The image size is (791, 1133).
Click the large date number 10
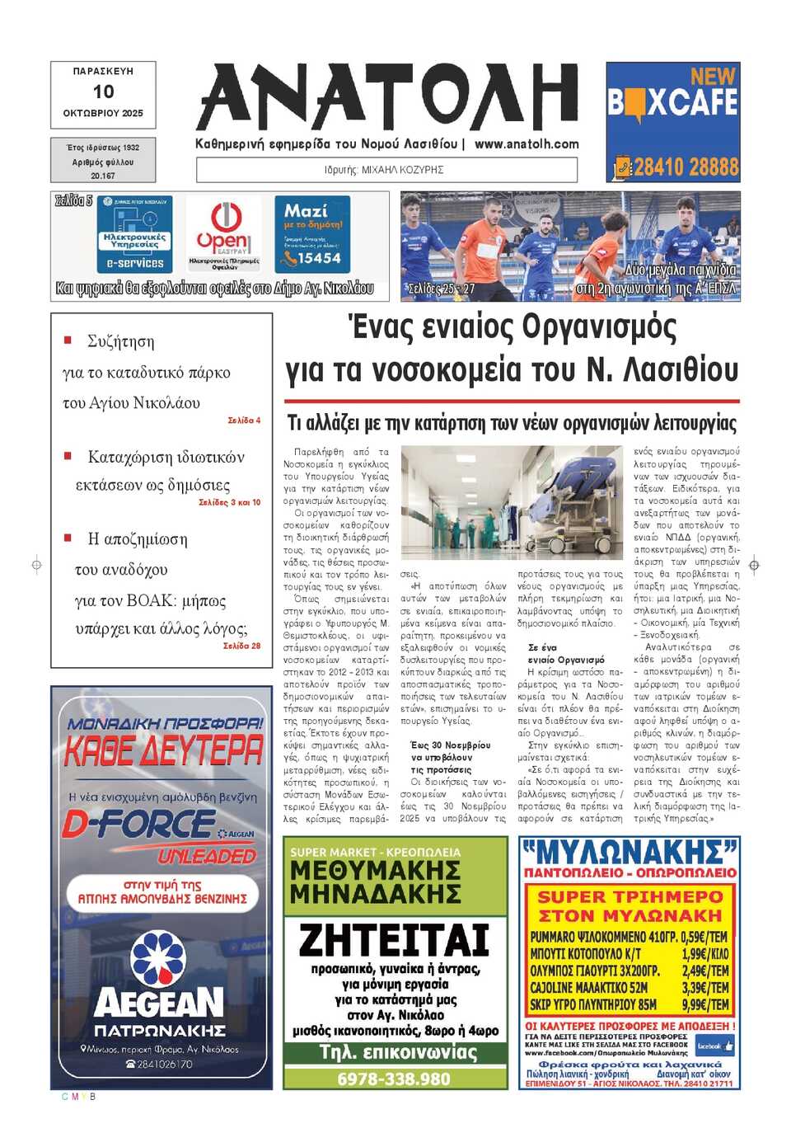point(103,92)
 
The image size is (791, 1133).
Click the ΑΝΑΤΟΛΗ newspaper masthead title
point(387,98)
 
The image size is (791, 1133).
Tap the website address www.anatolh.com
point(527,143)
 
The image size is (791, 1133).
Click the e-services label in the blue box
point(135,263)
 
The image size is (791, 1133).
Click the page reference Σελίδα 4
point(244,421)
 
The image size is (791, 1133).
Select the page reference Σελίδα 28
point(241,646)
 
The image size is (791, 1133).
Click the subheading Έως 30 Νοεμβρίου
point(450,745)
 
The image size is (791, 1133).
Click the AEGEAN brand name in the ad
point(159,1003)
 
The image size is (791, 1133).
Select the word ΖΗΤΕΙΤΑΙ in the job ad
point(394,940)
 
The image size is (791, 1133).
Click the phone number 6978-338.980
point(394,1079)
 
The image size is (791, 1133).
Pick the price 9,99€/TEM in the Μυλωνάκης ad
point(705,1004)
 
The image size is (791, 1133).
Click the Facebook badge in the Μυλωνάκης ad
point(714,1046)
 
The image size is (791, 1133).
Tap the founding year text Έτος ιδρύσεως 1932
point(103,148)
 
